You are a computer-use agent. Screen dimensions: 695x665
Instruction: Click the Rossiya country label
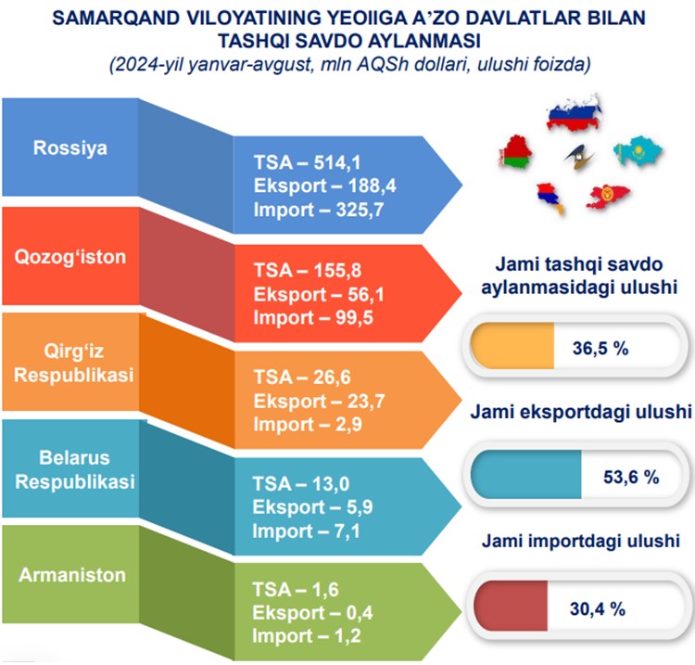[70, 148]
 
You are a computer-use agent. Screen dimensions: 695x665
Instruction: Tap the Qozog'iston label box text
[70, 257]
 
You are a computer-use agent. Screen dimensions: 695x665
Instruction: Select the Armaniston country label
[72, 575]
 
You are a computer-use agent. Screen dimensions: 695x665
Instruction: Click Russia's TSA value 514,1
[337, 163]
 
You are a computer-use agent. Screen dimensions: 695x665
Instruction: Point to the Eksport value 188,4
[372, 185]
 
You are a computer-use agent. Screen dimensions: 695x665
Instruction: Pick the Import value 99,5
[354, 317]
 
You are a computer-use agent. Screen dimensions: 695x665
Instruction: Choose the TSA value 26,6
[332, 377]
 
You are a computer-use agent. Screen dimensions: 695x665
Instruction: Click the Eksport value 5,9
[360, 507]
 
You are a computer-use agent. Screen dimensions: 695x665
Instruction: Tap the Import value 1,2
[347, 635]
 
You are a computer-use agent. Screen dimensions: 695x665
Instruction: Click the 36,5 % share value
[600, 348]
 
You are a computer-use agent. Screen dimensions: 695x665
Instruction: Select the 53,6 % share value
[631, 478]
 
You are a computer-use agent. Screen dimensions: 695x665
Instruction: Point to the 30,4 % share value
[597, 608]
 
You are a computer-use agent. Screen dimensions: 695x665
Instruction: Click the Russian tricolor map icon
[575, 113]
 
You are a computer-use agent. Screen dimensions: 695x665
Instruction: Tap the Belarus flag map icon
[515, 153]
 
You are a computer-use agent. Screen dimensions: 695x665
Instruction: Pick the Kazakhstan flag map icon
[637, 151]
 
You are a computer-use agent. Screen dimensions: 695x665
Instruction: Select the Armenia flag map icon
[550, 198]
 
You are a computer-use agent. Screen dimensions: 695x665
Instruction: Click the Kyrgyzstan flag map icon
[608, 196]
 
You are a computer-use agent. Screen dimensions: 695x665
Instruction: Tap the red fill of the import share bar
[511, 606]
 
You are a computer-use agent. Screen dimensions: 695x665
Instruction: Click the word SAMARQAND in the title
[116, 19]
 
